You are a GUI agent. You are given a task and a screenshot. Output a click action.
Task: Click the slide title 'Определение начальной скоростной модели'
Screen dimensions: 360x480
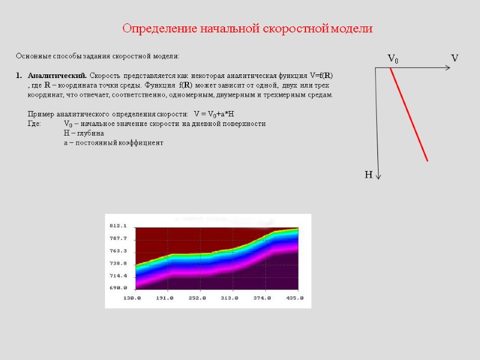click(x=248, y=28)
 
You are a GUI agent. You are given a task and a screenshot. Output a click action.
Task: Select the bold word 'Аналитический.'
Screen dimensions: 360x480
click(x=58, y=76)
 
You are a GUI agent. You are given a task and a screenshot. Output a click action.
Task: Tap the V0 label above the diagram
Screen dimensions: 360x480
click(x=393, y=59)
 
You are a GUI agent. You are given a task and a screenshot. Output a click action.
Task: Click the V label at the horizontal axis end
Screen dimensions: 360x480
click(x=455, y=58)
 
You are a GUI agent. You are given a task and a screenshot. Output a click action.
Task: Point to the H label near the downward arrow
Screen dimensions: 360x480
click(x=368, y=175)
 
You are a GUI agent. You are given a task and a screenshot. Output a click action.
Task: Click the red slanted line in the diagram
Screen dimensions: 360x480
click(x=409, y=115)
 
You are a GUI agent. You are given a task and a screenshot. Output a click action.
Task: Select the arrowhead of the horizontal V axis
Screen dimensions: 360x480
click(x=447, y=68)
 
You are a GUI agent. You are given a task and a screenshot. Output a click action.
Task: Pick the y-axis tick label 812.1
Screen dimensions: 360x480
click(x=118, y=226)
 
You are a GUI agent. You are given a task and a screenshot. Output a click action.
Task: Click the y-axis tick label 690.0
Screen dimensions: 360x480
click(x=118, y=288)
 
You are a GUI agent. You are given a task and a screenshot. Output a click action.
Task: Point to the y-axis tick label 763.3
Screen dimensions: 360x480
click(x=118, y=251)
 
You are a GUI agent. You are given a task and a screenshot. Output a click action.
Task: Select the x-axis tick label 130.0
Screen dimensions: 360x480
click(x=132, y=298)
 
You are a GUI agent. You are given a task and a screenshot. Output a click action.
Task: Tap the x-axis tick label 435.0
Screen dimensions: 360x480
click(x=294, y=298)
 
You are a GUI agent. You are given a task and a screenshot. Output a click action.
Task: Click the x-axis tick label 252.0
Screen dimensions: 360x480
click(x=198, y=298)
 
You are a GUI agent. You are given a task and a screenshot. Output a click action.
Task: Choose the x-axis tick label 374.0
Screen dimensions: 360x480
click(x=262, y=298)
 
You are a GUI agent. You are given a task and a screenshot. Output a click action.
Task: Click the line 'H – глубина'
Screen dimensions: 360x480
click(x=83, y=133)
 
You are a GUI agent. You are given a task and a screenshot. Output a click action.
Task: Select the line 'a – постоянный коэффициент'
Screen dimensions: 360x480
click(x=113, y=143)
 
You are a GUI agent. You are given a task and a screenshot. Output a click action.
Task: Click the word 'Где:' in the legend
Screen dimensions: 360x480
click(x=35, y=124)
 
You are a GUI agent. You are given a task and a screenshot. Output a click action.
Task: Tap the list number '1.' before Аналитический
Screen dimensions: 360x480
click(x=19, y=76)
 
